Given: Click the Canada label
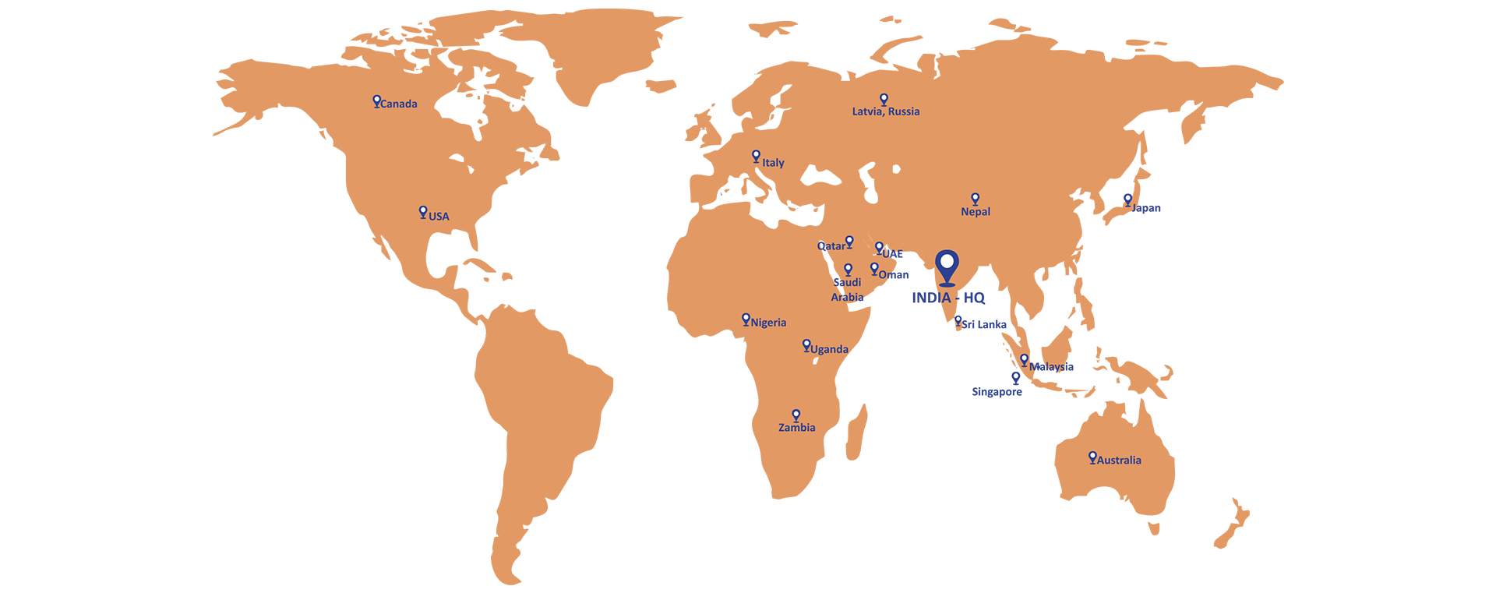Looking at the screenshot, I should click(x=398, y=104).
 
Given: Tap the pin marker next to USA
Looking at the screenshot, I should click(x=423, y=212).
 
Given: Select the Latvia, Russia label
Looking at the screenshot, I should click(x=885, y=111).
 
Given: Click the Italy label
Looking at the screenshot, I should click(x=773, y=163).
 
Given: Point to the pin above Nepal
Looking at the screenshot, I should click(x=975, y=199).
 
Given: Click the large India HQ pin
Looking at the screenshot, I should click(x=947, y=266).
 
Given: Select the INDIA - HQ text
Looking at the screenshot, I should click(x=948, y=298).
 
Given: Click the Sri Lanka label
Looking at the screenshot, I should click(x=984, y=324).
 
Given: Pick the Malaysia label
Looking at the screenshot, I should click(x=1051, y=366).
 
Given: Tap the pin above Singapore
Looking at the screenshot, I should click(x=1015, y=377).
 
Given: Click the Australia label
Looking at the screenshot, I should click(x=1119, y=461).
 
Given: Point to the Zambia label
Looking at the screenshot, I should click(x=796, y=428).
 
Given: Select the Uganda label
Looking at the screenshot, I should click(x=829, y=349).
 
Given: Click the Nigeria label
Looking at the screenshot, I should click(x=768, y=323).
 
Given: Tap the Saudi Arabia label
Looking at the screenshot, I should click(x=847, y=290).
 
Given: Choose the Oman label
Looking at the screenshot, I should click(x=893, y=275).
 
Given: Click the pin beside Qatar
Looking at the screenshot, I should click(x=849, y=242).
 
